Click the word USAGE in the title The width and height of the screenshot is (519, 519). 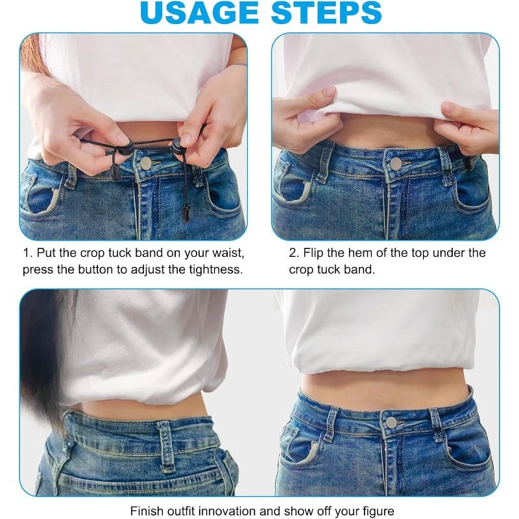(199, 12)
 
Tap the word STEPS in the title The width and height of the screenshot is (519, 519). (326, 12)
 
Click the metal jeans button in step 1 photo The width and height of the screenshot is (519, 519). (145, 162)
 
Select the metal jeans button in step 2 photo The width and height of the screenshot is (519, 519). (396, 163)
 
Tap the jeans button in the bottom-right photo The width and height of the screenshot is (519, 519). (391, 422)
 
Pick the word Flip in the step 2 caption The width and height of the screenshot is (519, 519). (313, 253)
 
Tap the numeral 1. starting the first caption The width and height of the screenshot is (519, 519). (28, 253)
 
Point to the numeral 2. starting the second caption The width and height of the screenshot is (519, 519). (294, 253)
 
